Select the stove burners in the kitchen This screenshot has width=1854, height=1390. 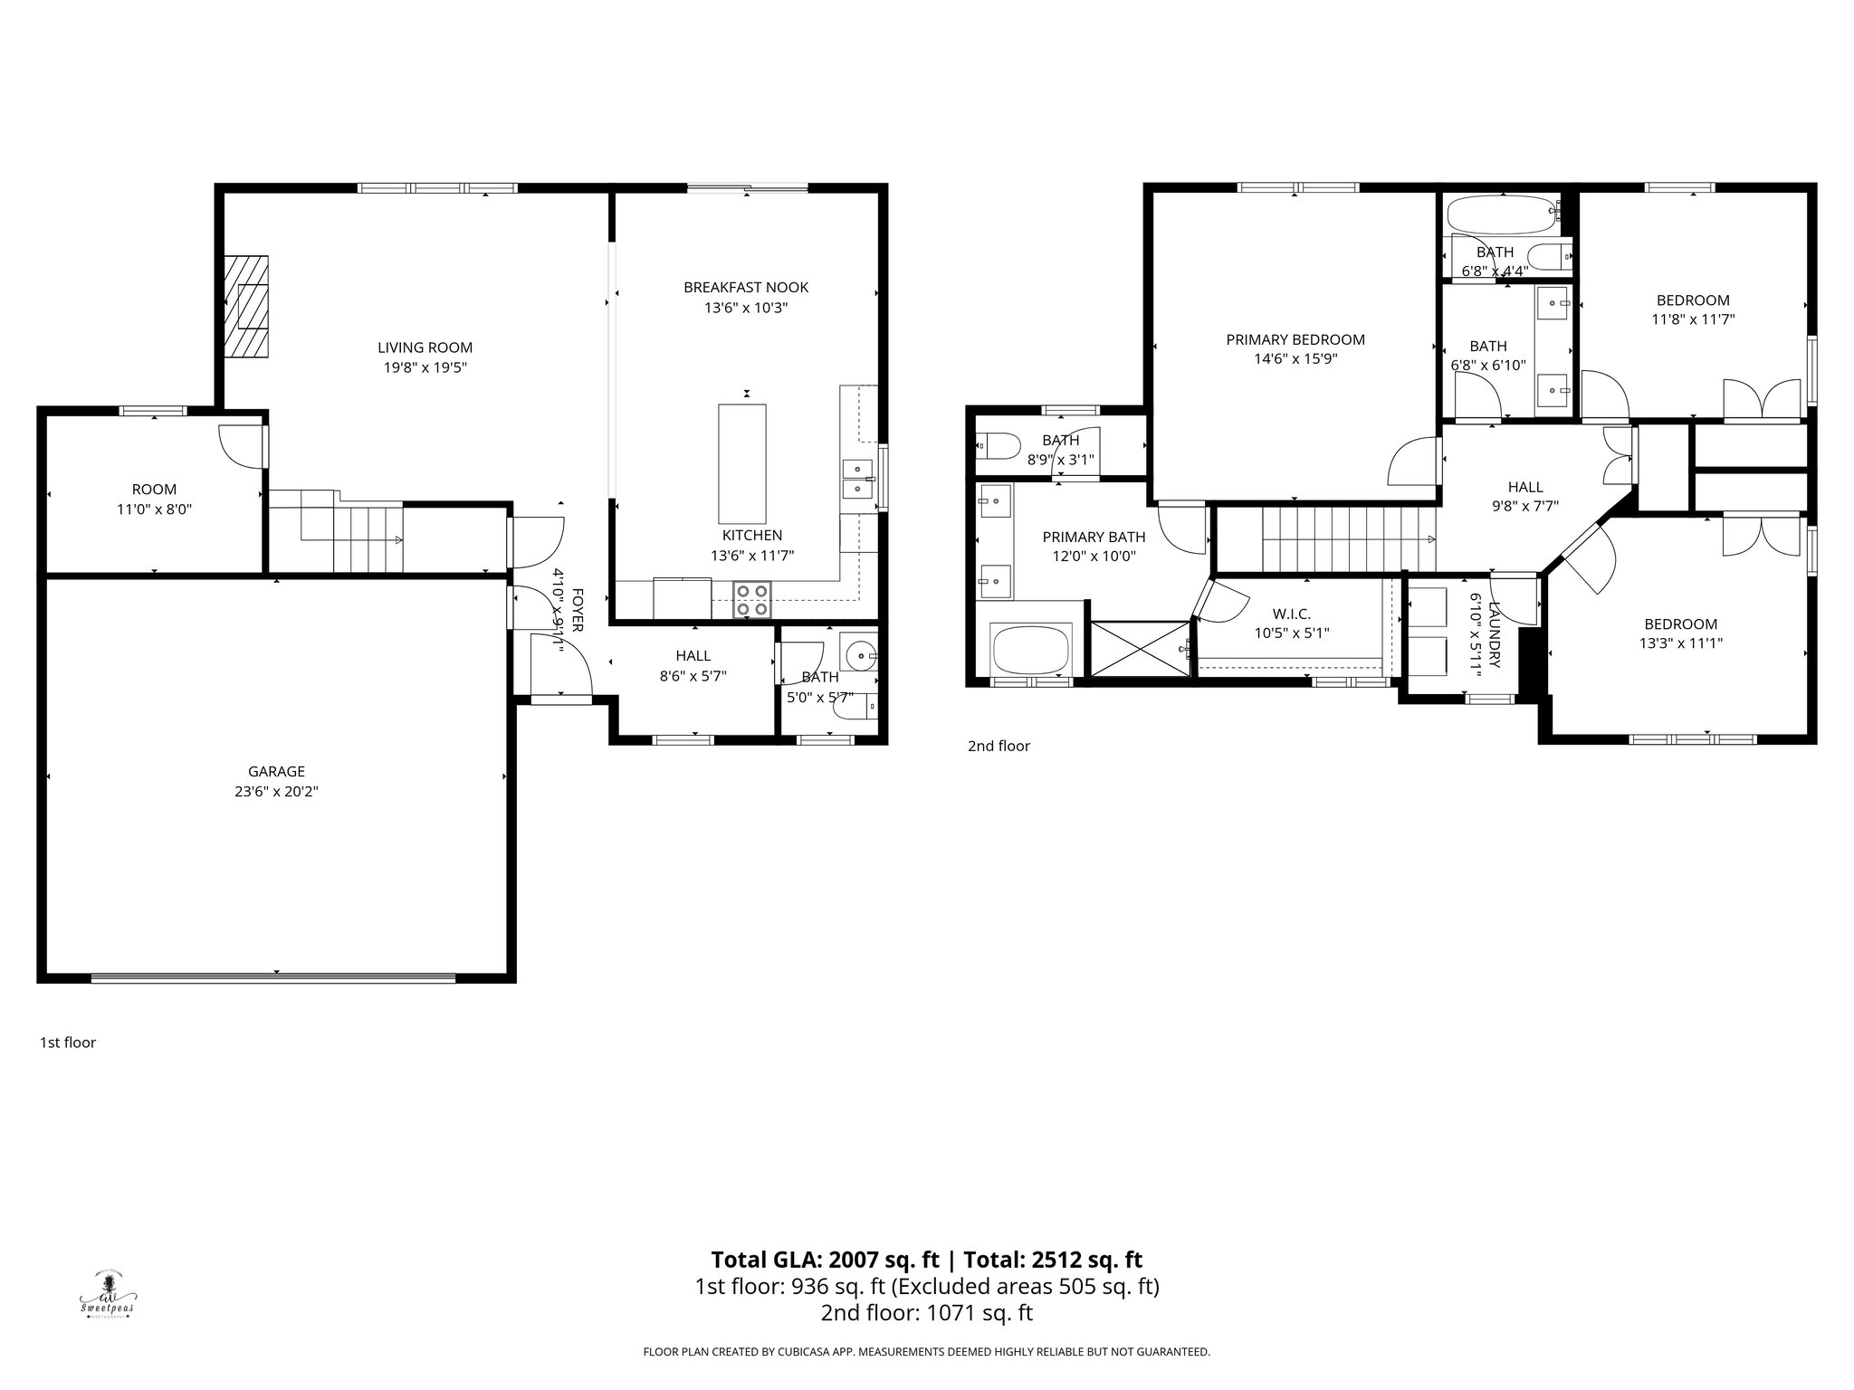click(x=752, y=600)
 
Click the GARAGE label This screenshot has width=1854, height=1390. click(x=276, y=771)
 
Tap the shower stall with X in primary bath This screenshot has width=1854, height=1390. click(x=1141, y=647)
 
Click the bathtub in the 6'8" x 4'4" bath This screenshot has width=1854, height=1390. click(x=1501, y=215)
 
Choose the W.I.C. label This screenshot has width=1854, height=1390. click(x=1291, y=614)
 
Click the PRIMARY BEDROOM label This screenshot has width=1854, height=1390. click(x=1295, y=339)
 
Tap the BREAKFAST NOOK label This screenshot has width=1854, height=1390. click(x=746, y=287)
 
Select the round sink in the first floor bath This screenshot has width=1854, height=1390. click(x=857, y=652)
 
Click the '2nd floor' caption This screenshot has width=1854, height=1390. click(x=999, y=746)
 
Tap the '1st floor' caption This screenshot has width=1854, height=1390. click(x=68, y=1042)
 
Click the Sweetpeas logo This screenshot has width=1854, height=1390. click(x=108, y=1293)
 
